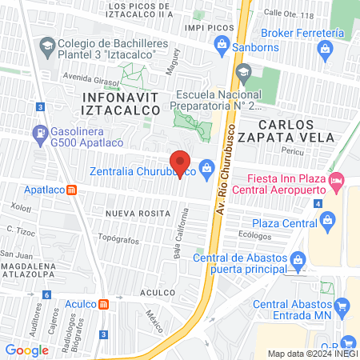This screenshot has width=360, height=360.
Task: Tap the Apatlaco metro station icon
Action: [x=71, y=191]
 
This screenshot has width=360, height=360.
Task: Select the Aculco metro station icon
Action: [x=102, y=304]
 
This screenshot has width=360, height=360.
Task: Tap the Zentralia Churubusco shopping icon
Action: [x=207, y=168]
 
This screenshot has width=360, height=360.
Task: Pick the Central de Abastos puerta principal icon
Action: [x=298, y=259]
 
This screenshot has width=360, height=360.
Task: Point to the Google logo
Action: [x=27, y=350]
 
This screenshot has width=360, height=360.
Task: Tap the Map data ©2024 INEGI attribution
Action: [x=312, y=354]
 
